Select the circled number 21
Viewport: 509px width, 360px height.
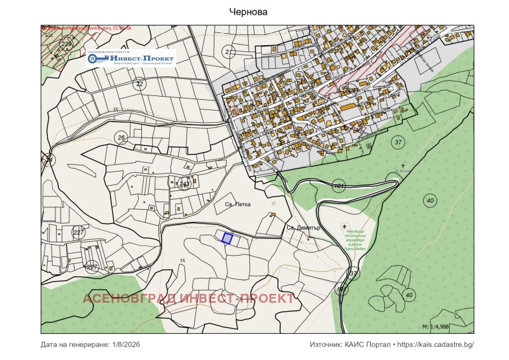coord(229,52)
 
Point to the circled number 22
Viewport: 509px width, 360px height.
coord(140,84)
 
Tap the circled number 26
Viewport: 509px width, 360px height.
coord(121,137)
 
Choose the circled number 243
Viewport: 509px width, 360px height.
coord(185,183)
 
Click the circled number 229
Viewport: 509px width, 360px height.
coord(66,43)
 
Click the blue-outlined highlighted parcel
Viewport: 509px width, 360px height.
coord(227,238)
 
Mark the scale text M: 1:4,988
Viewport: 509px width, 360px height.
coord(443,326)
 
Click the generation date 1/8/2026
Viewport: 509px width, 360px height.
coord(125,344)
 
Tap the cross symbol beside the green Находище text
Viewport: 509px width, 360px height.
coord(345,226)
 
